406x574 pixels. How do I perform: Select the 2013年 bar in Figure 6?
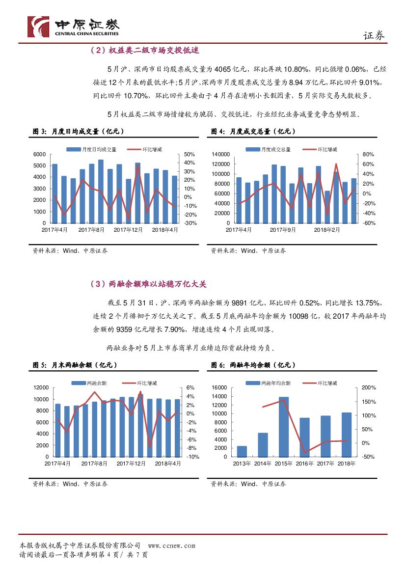click(x=242, y=451)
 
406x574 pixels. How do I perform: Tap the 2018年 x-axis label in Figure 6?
click(x=347, y=463)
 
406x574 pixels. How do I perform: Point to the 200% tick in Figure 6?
click(x=368, y=387)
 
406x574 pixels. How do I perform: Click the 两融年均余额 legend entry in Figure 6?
click(x=272, y=383)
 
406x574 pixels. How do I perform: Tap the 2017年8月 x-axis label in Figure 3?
click(x=91, y=229)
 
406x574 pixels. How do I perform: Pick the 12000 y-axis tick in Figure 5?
click(x=40, y=387)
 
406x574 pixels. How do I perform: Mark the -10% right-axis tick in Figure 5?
click(x=192, y=457)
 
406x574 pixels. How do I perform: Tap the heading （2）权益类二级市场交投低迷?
click(x=144, y=51)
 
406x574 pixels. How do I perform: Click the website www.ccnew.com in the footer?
click(x=171, y=546)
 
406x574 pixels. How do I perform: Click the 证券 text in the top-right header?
click(x=374, y=35)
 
